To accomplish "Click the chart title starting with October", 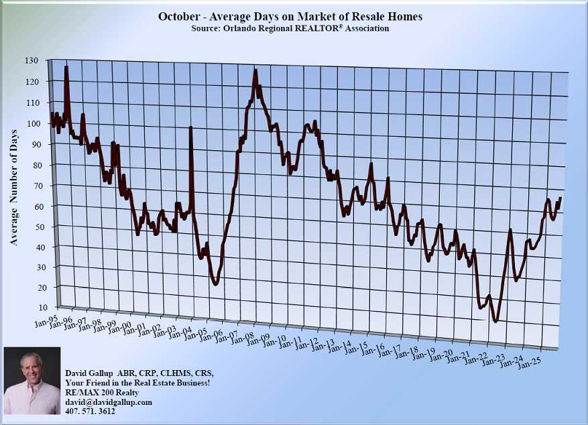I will (x=290, y=15).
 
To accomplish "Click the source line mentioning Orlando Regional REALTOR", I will (x=290, y=28).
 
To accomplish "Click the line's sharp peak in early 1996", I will (x=66, y=68).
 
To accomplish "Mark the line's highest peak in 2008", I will (x=255, y=70).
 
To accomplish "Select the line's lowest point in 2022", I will (x=495, y=321).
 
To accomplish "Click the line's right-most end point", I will (x=560, y=198).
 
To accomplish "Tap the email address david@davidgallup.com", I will (x=109, y=402).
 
